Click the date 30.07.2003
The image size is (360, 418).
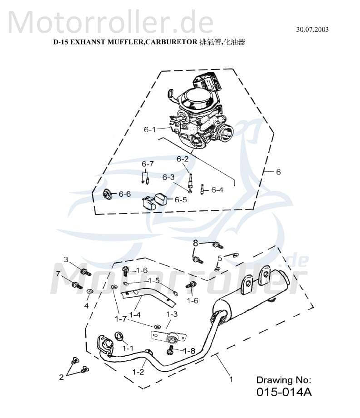pos(312,30)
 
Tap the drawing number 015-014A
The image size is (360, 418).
pos(284,392)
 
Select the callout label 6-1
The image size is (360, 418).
pos(150,129)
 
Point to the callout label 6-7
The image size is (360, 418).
pos(148,164)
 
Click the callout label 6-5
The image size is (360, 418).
pos(181,200)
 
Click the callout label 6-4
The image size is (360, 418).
pos(217,190)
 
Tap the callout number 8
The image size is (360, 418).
pos(196,243)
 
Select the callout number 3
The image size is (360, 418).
pos(65,259)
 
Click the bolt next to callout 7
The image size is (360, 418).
pos(76,285)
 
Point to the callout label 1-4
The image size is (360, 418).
pos(134,314)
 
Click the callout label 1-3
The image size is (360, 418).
pos(172,314)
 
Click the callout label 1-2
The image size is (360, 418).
pos(138,372)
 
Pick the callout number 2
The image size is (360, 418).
pos(61,377)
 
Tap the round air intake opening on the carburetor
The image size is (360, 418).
pos(226,134)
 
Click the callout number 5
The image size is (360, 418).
pos(220,258)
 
